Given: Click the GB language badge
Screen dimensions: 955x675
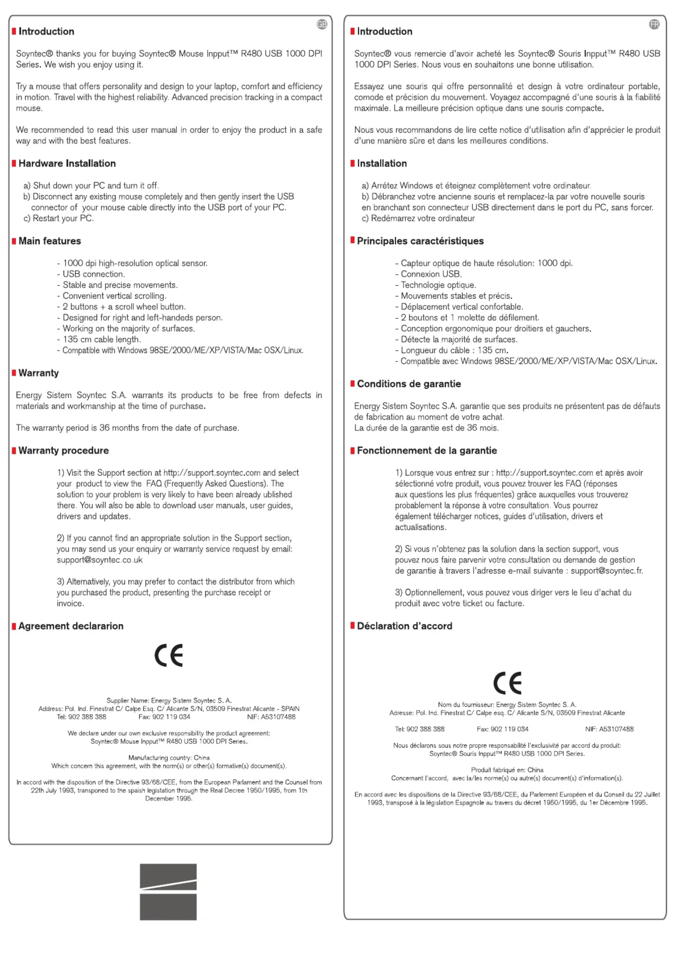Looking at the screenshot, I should (x=322, y=25).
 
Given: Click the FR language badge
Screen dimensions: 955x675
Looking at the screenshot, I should (x=654, y=25).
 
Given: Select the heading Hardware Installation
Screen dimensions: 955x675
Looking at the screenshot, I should (x=67, y=163).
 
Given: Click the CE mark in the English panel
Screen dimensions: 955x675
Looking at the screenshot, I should (x=169, y=656).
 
